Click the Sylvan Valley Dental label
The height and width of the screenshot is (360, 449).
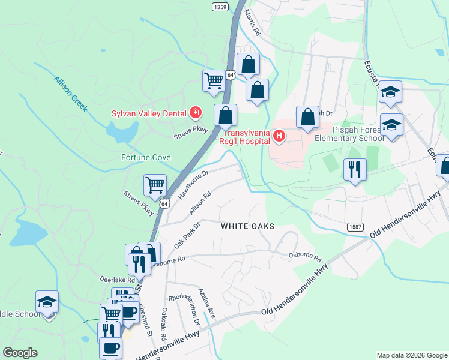[x=149, y=113]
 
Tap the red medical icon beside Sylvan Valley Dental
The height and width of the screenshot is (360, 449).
[x=195, y=112]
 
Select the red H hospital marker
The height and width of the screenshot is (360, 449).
[x=279, y=137]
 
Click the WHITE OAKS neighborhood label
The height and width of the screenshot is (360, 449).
[x=247, y=226]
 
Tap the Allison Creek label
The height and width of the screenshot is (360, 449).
[x=71, y=94]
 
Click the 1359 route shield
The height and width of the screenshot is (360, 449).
[x=220, y=7]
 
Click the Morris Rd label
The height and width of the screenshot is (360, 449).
[x=252, y=23]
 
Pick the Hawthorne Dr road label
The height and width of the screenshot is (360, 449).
[x=193, y=184]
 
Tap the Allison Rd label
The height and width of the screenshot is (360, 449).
[x=200, y=204]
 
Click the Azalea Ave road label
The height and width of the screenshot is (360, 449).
[x=207, y=304]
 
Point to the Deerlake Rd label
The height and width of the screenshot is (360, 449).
[x=118, y=280]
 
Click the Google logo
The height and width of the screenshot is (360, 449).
[x=20, y=353]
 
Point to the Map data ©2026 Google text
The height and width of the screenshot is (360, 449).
[x=411, y=355]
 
